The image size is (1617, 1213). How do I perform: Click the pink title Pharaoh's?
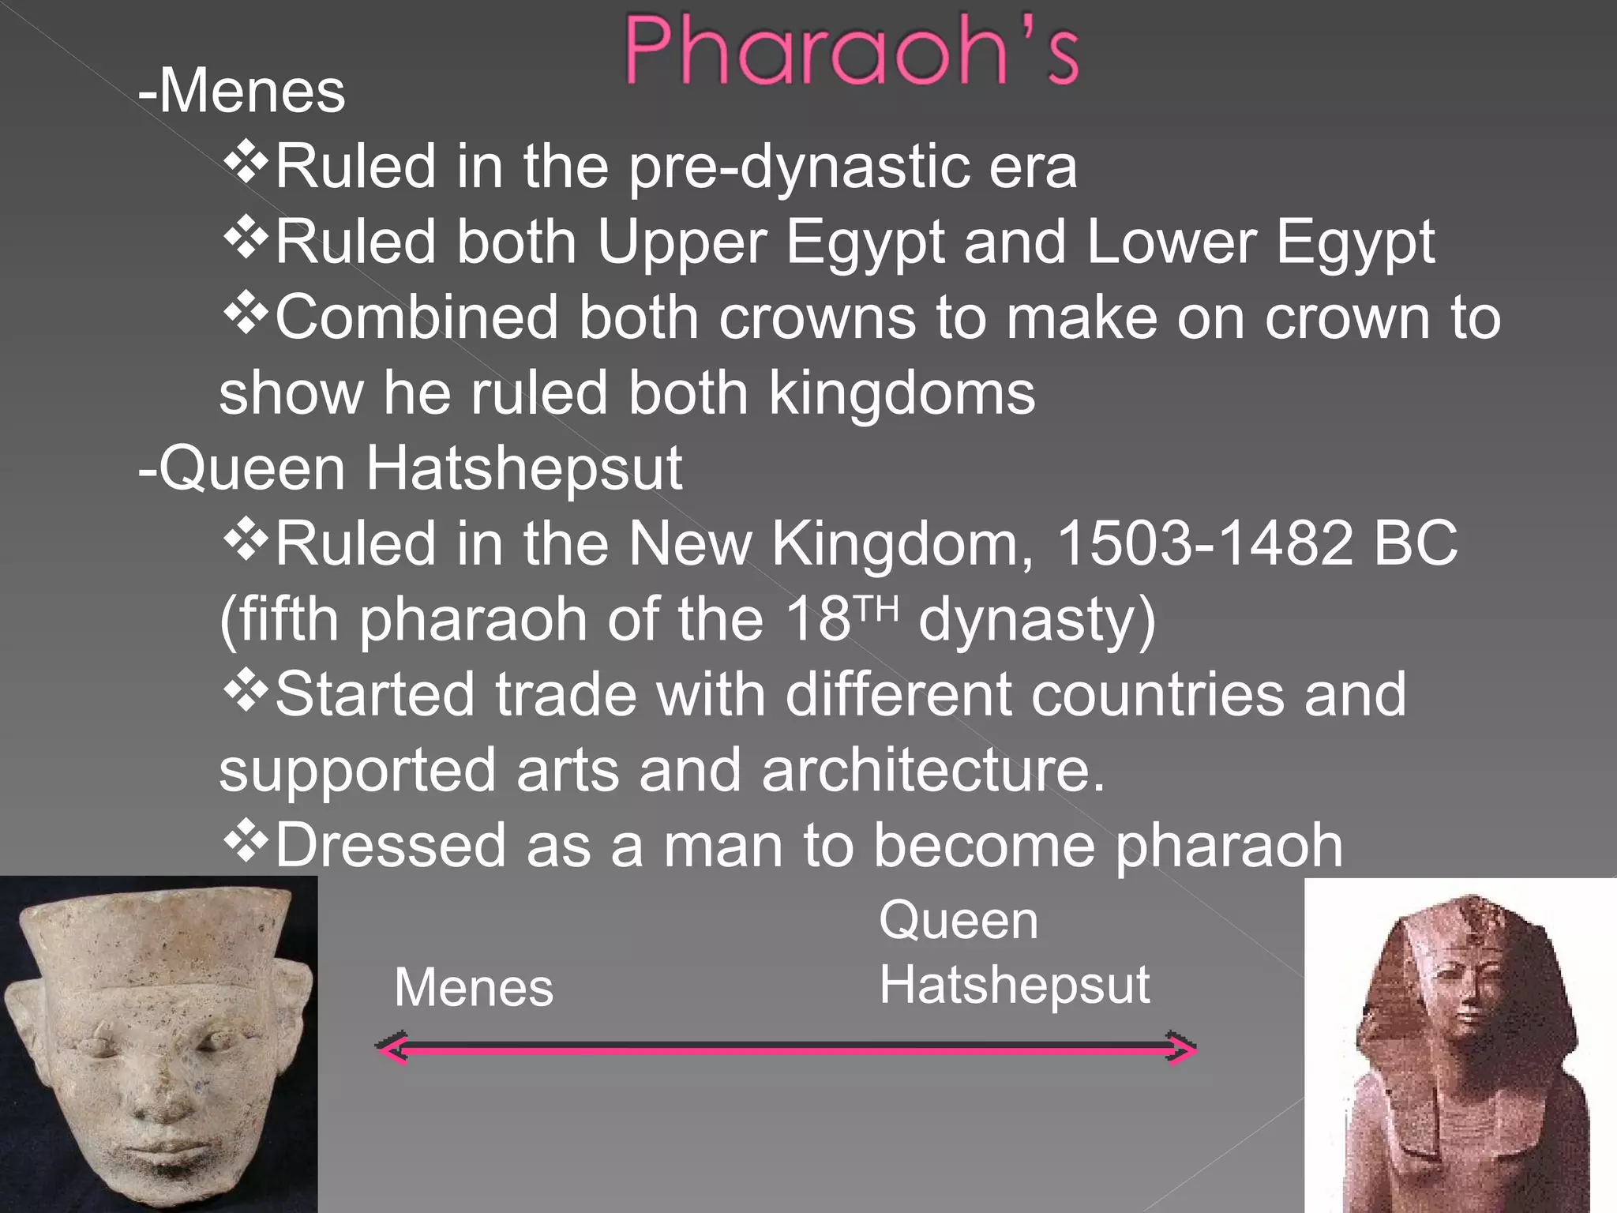(851, 51)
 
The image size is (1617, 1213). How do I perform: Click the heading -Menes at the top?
(242, 92)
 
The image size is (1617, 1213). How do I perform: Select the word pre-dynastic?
(797, 167)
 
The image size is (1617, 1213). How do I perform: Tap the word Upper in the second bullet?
(682, 242)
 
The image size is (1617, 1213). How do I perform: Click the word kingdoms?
(901, 393)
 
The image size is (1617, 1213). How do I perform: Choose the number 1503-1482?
(1204, 544)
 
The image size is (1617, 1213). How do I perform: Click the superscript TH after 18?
(876, 608)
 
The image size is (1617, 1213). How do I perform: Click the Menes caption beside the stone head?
(474, 988)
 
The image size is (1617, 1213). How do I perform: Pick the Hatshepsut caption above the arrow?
(1015, 986)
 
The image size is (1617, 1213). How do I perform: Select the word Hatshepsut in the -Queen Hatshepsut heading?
(524, 469)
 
